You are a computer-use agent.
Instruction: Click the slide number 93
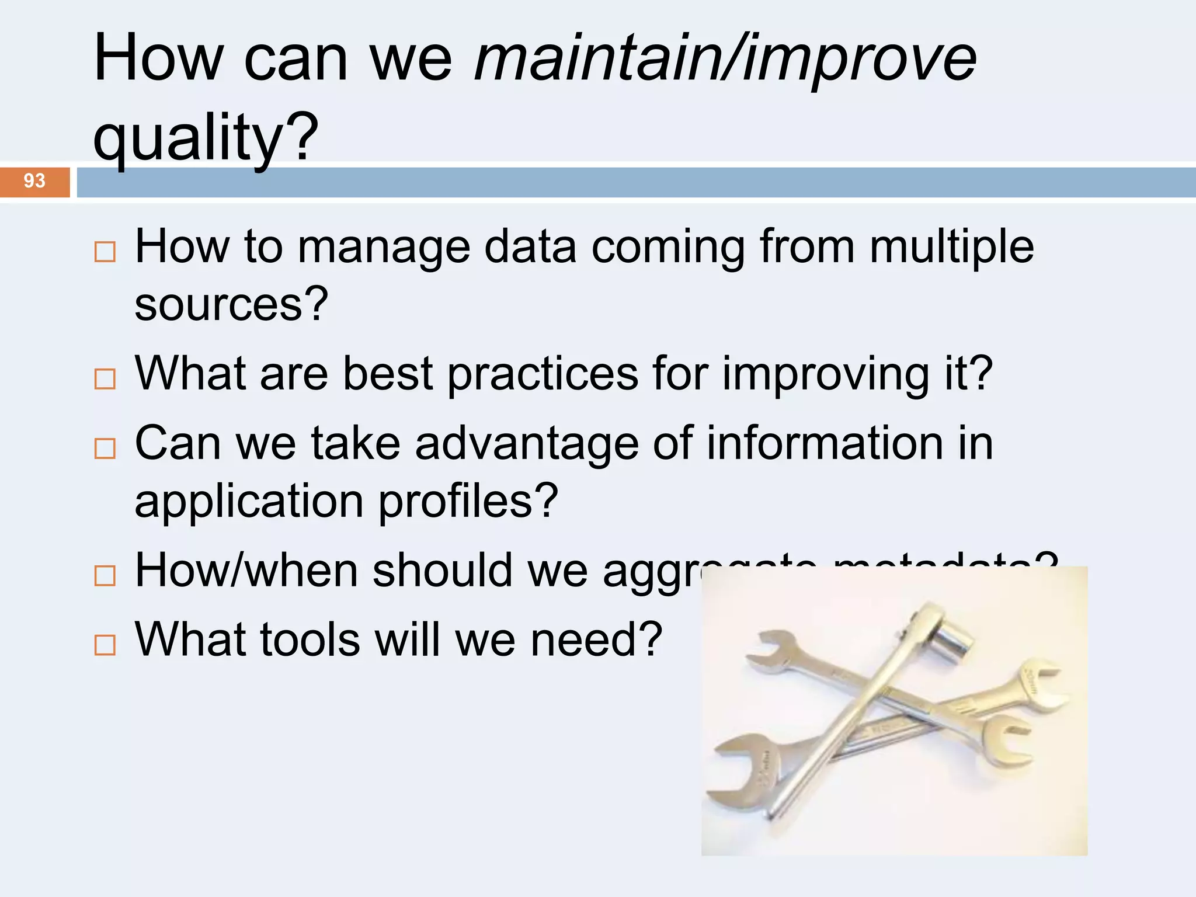[34, 181]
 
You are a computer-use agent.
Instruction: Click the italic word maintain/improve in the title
[725, 58]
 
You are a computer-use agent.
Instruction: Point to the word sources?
[231, 304]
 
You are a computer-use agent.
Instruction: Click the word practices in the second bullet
[543, 374]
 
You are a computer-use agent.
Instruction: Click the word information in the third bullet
[824, 443]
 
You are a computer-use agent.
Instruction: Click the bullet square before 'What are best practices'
[105, 380]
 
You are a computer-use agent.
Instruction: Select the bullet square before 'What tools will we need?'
[105, 645]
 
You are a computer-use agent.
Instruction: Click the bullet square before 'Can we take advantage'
[105, 449]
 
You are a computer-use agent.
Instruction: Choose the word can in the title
[295, 58]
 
